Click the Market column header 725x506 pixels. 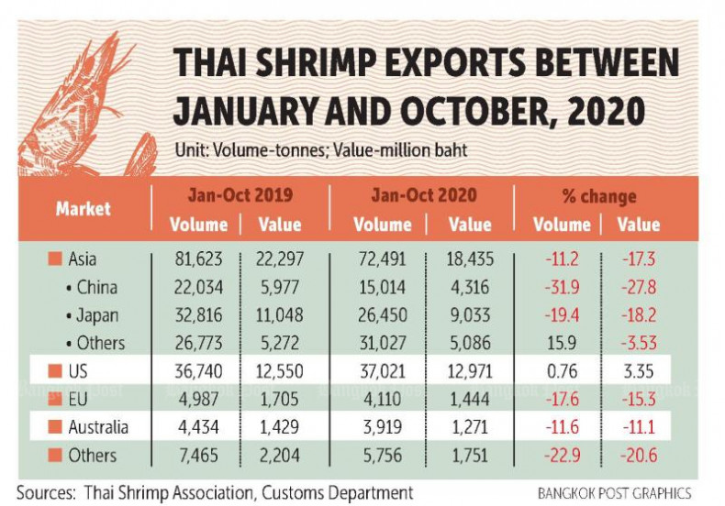[83, 208]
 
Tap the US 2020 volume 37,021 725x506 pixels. [383, 372]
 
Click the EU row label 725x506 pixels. [81, 399]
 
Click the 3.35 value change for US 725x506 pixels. [639, 372]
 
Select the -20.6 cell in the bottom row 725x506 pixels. [639, 455]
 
